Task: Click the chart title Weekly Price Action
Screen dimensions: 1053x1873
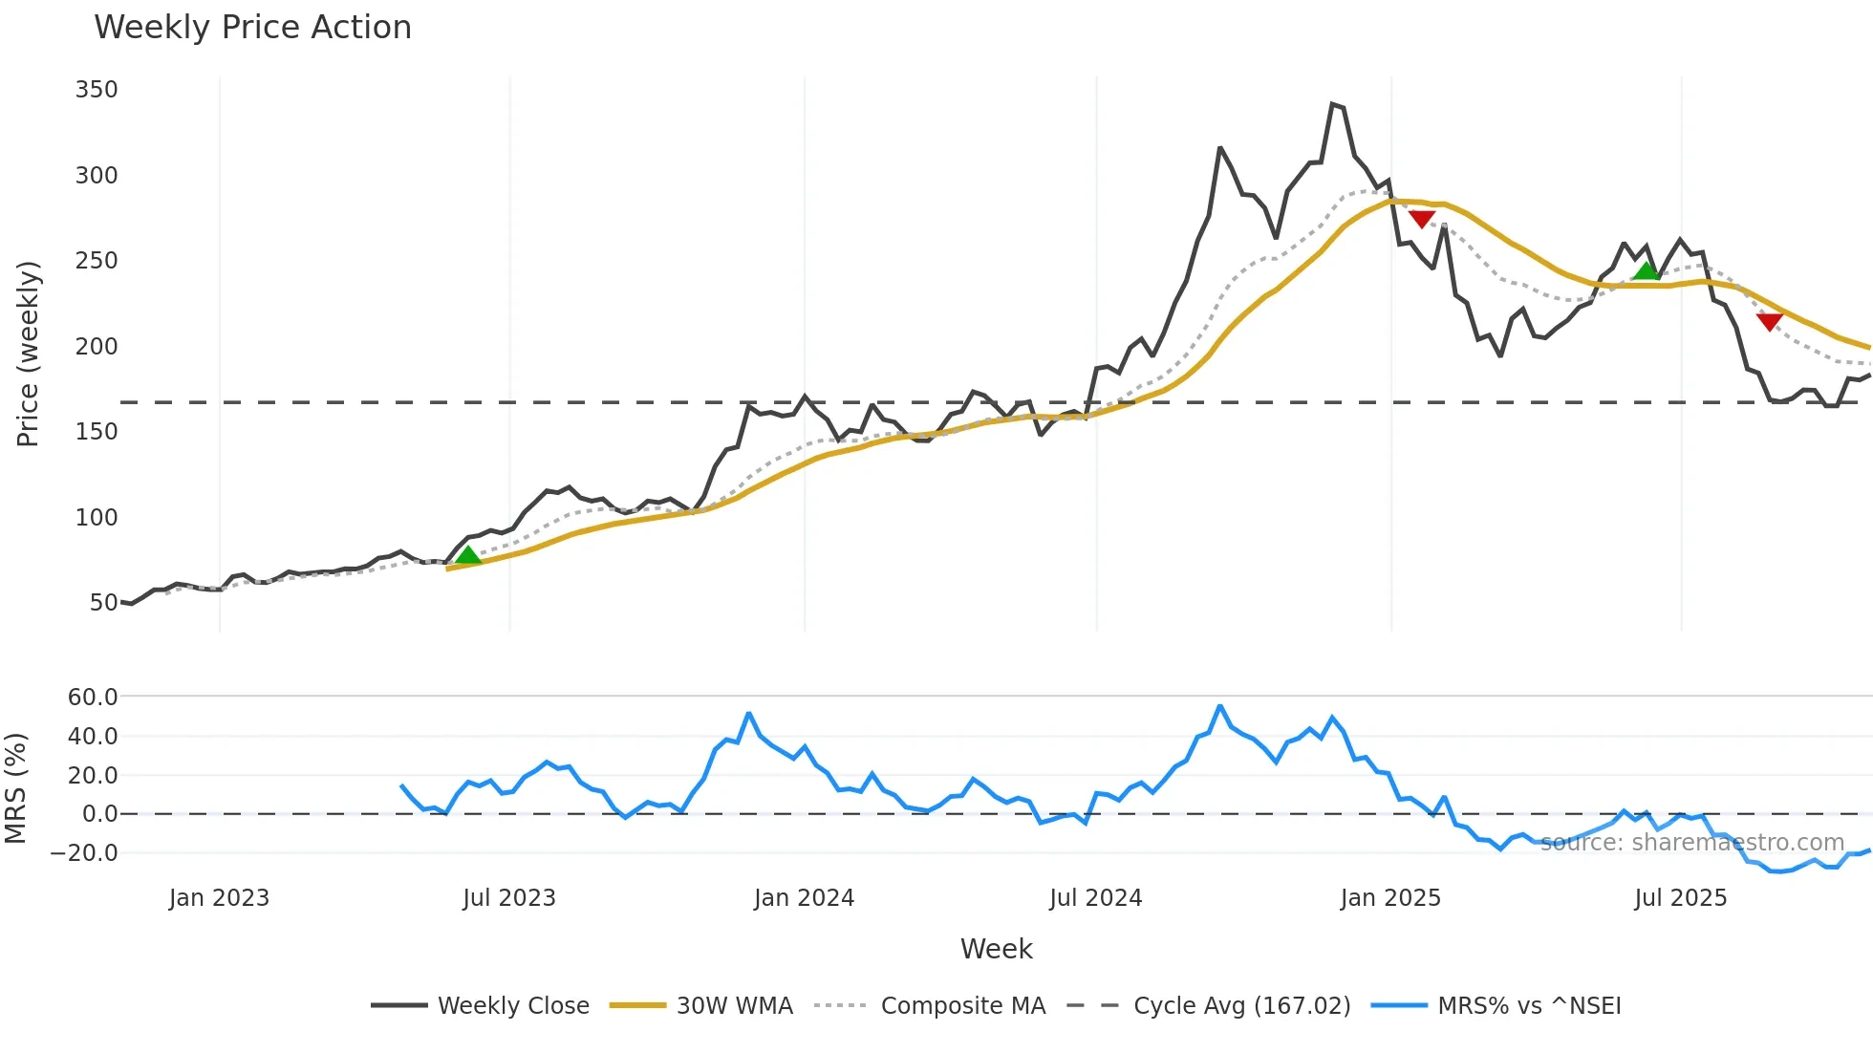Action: coord(252,28)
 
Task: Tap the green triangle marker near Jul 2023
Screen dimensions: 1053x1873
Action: coord(467,555)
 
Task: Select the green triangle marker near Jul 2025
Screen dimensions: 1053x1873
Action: coord(1647,271)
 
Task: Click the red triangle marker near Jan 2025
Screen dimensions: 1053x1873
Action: coord(1422,219)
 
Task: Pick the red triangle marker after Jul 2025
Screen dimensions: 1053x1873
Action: coord(1769,322)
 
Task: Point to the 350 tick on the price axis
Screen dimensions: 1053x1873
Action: coord(97,90)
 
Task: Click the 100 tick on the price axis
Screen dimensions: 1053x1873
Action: coord(97,518)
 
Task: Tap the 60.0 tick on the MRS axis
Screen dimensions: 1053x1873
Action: coord(93,698)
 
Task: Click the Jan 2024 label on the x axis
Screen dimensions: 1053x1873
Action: coord(804,898)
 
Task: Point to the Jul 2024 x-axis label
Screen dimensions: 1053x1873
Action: coord(1095,898)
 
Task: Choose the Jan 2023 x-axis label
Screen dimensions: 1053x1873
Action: coord(219,898)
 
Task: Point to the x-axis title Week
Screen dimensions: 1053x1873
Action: coord(996,949)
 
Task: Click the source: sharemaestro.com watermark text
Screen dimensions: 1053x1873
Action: coord(1691,843)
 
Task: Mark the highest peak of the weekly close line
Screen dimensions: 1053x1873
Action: coord(1333,104)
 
